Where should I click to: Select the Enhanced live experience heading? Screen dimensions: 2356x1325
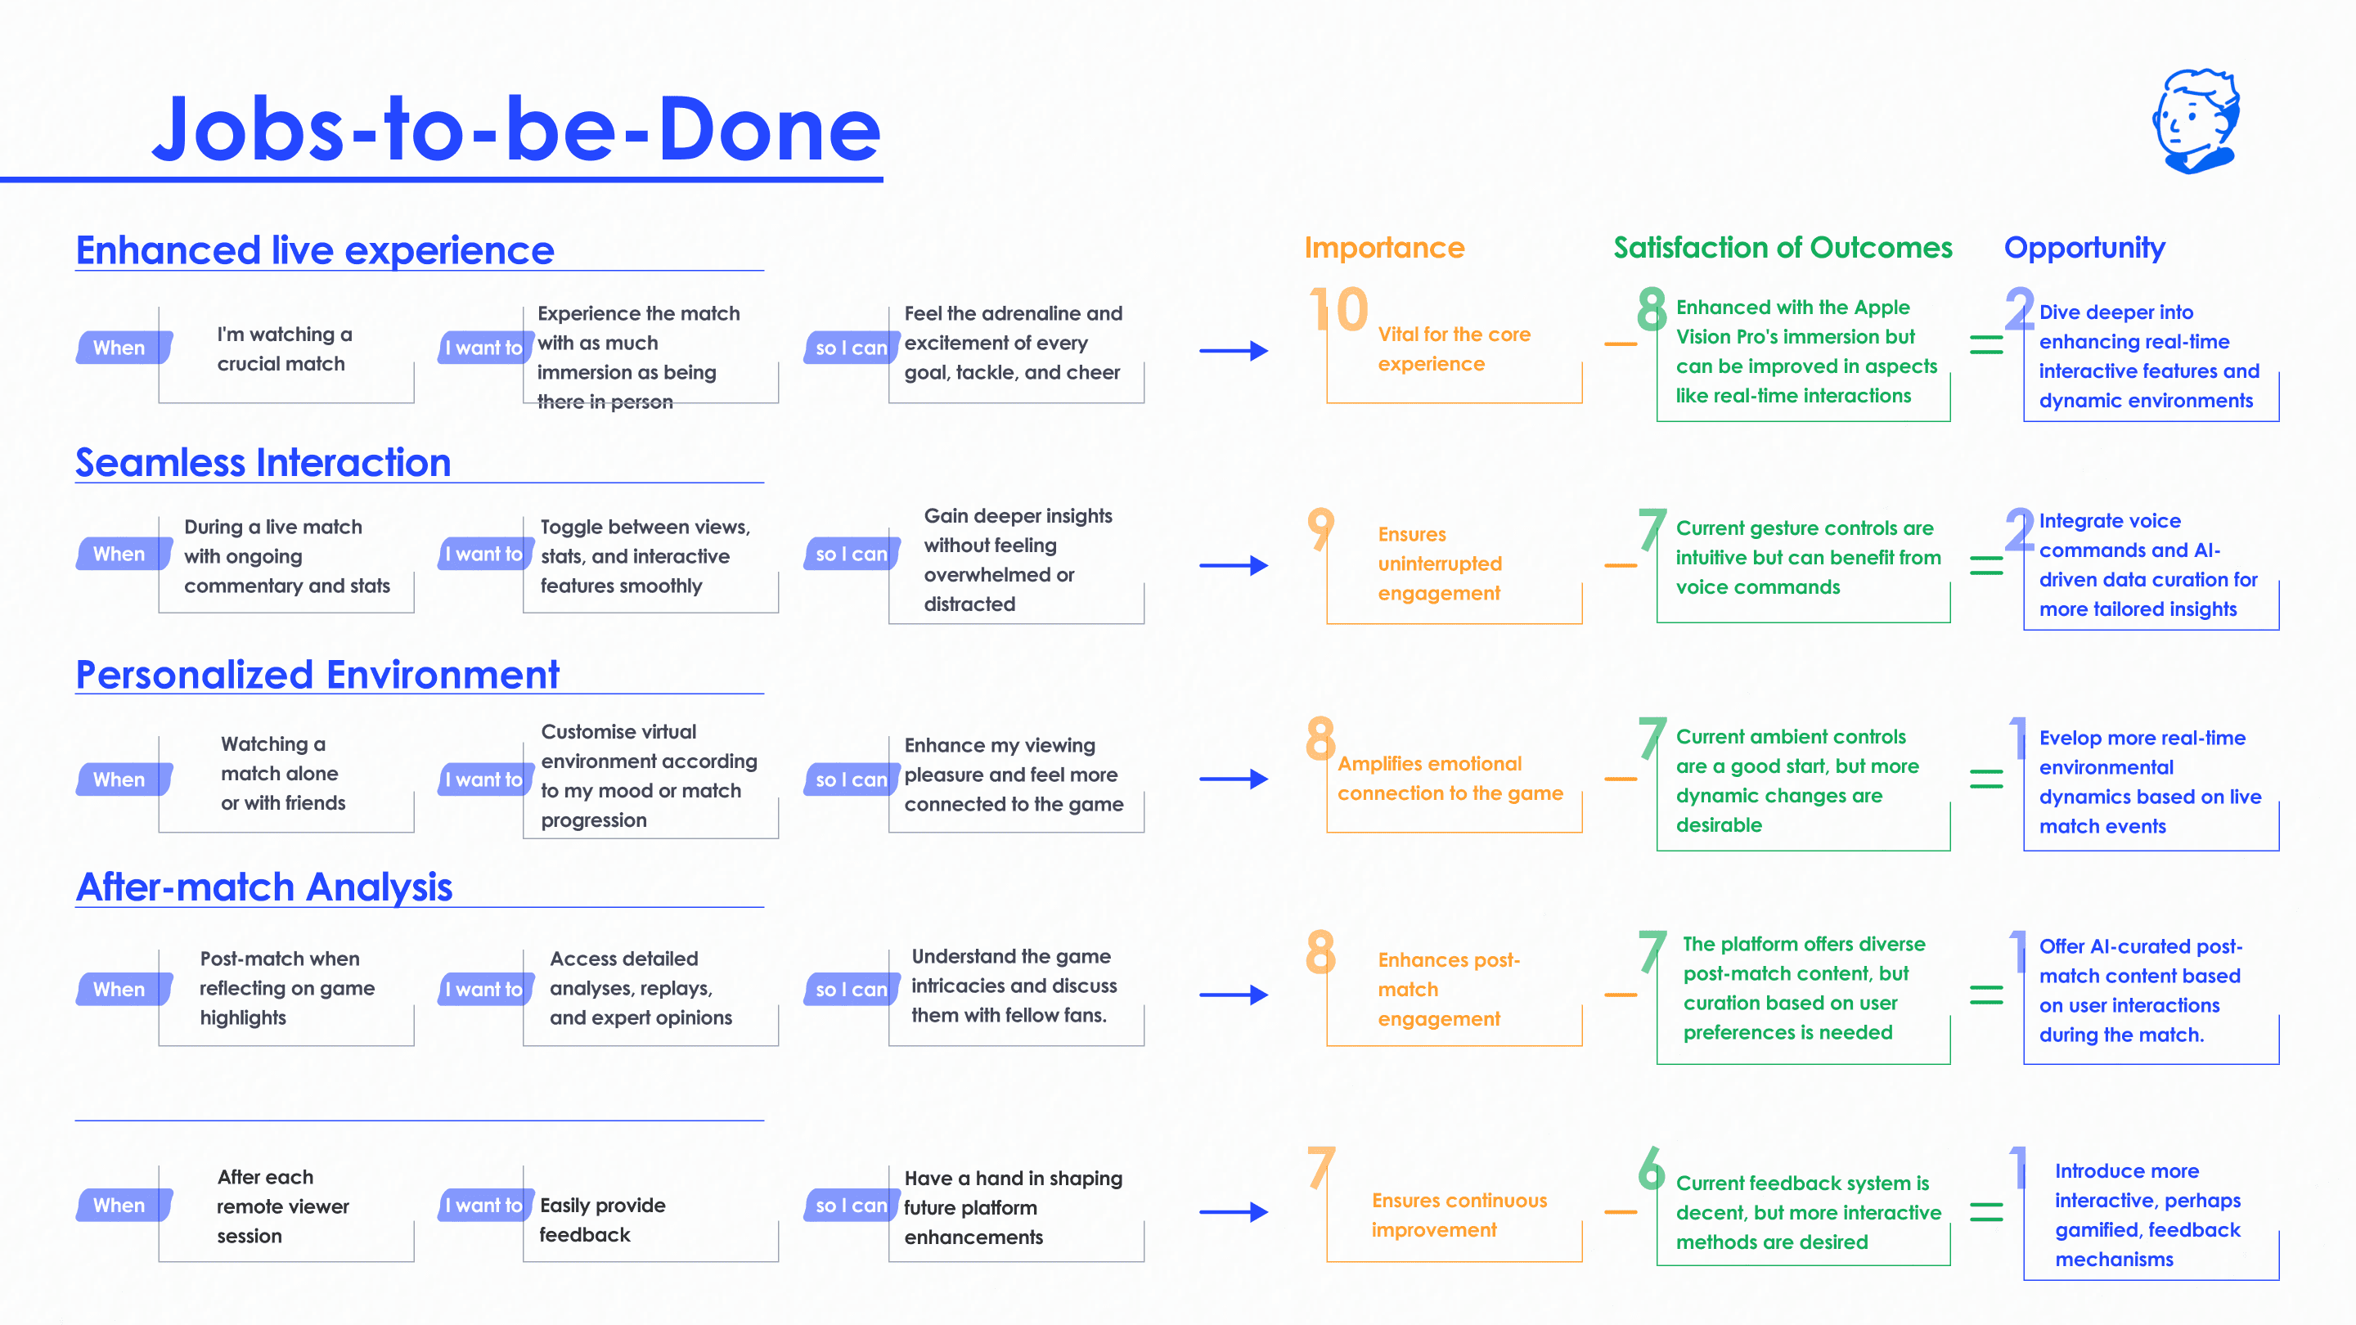pyautogui.click(x=315, y=249)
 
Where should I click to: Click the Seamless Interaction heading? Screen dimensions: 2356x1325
pyautogui.click(x=263, y=462)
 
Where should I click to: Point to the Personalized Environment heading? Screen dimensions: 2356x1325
pyautogui.click(x=317, y=674)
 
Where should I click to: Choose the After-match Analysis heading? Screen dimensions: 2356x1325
pyautogui.click(x=264, y=886)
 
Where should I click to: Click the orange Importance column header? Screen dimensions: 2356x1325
pyautogui.click(x=1384, y=247)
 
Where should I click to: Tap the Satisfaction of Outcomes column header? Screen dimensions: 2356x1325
pyautogui.click(x=1783, y=247)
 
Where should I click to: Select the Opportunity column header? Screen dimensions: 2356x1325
pyautogui.click(x=2084, y=248)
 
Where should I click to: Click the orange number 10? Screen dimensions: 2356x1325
pyautogui.click(x=1338, y=309)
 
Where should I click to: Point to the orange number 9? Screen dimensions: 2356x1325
pyautogui.click(x=1320, y=528)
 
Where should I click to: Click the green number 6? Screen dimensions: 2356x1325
pyautogui.click(x=1651, y=1168)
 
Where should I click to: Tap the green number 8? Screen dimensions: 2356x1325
pyautogui.click(x=1652, y=309)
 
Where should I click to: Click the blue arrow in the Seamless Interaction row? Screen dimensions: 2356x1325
pyautogui.click(x=1234, y=565)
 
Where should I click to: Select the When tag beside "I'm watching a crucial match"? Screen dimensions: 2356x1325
pyautogui.click(x=123, y=348)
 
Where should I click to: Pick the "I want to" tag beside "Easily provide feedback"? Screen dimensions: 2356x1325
pyautogui.click(x=485, y=1206)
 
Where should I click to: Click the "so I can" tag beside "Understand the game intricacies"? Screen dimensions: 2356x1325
pyautogui.click(x=851, y=990)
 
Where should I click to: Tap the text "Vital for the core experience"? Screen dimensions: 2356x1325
pyautogui.click(x=1455, y=348)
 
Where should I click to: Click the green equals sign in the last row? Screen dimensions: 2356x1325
pyautogui.click(x=1985, y=1211)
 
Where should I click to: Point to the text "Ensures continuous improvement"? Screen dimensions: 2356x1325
pyautogui.click(x=1459, y=1215)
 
